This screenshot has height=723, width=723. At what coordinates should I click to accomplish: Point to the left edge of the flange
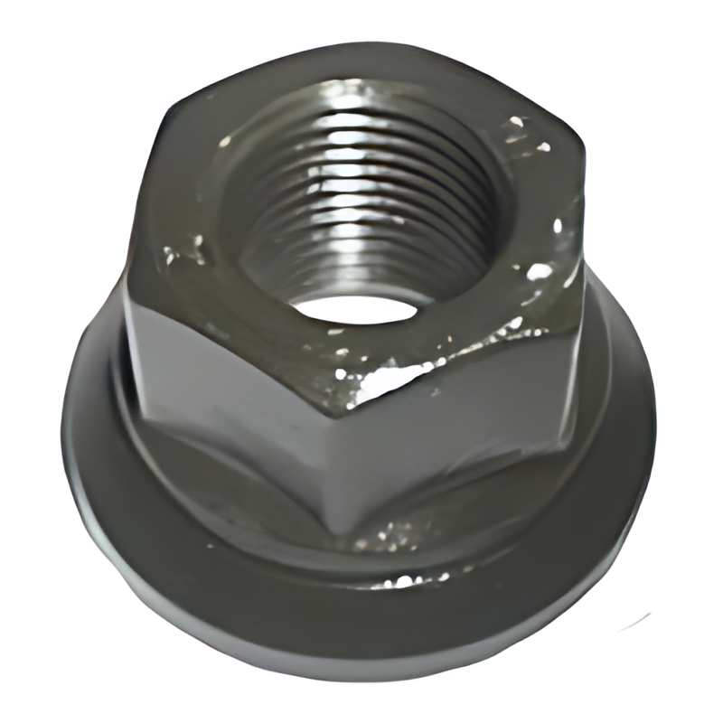click(68, 425)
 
